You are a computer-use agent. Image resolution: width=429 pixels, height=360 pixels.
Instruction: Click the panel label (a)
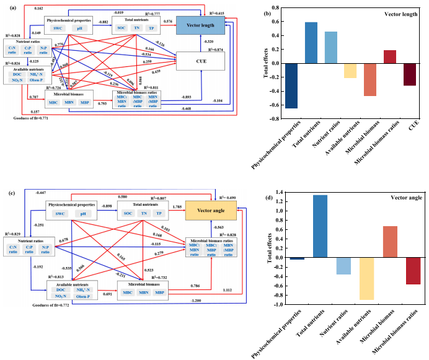pos(6,8)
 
